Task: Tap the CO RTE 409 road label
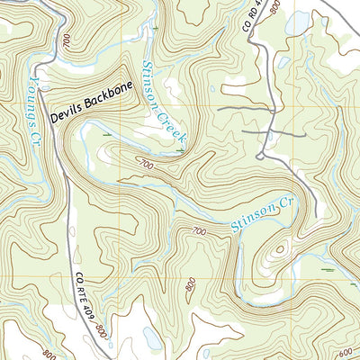(89, 301)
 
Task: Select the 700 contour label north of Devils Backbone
(66, 40)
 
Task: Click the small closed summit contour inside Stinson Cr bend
(279, 249)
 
